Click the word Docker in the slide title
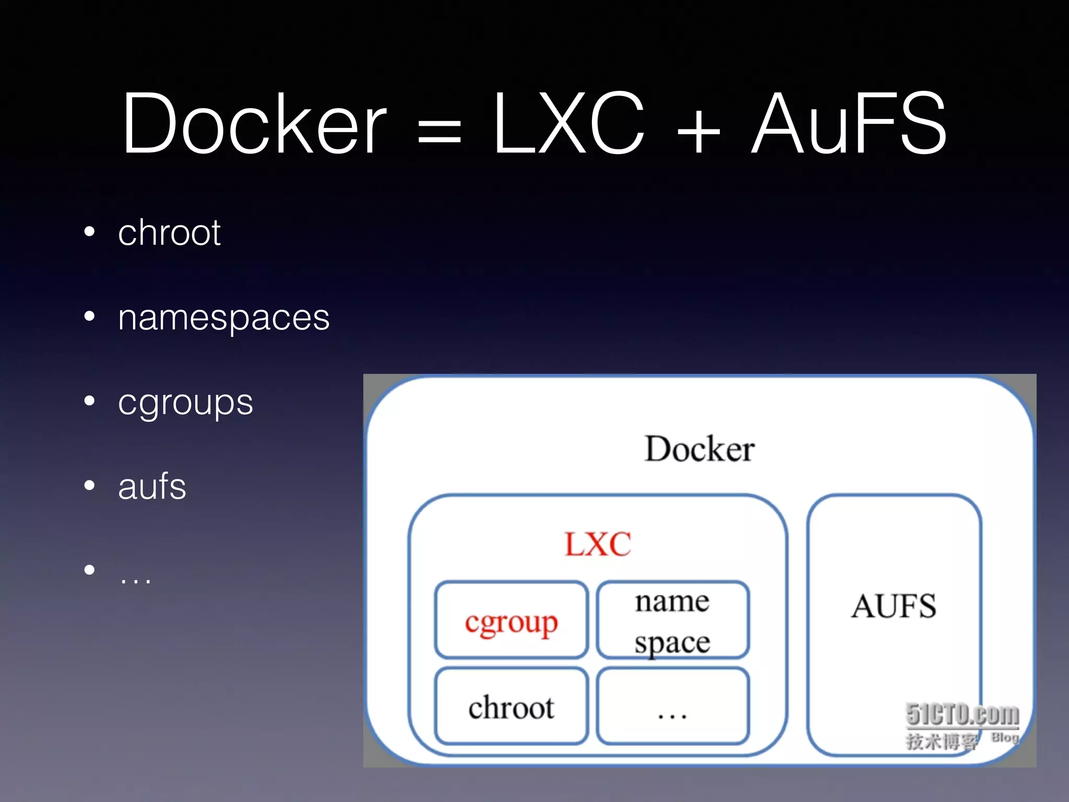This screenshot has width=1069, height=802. [x=254, y=124]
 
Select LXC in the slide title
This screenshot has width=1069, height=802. [x=569, y=124]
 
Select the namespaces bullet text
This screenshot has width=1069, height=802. [x=223, y=318]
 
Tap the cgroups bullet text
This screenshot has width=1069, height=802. [x=185, y=403]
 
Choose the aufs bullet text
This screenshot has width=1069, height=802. [x=152, y=487]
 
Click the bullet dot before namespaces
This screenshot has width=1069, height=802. [x=90, y=316]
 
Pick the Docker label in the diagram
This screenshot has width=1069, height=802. [x=699, y=449]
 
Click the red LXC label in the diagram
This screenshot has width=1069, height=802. [x=598, y=544]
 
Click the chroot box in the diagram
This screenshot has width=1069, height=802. [x=512, y=707]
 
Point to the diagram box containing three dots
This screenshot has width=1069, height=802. [x=673, y=707]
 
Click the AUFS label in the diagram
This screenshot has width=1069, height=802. [x=894, y=607]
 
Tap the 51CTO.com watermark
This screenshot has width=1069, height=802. [x=962, y=714]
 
